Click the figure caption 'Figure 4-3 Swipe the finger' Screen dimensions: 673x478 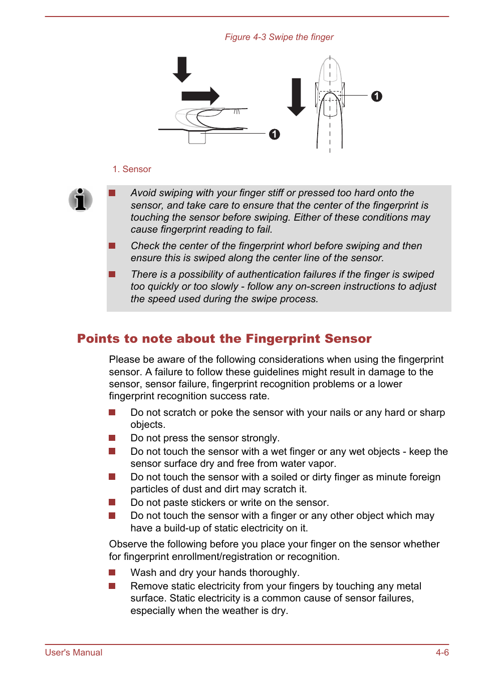tap(279, 37)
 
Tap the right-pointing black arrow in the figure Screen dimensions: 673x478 tap(200, 96)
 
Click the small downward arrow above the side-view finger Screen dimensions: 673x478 tap(182, 70)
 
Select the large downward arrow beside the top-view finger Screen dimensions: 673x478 tap(296, 97)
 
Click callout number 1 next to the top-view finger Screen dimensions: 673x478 tap(377, 96)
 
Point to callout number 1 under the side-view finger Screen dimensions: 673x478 tap(274, 134)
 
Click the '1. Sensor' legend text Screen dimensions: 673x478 tap(132, 169)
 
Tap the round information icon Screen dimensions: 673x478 tap(80, 200)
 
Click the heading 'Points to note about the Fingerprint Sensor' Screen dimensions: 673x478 tap(224, 339)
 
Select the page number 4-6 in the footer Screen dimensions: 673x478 tap(442, 652)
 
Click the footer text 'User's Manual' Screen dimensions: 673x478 tap(74, 652)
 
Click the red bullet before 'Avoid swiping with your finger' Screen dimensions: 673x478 tap(112, 193)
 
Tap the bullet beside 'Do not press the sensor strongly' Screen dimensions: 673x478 tap(112, 438)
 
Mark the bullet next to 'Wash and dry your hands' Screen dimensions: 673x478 tap(112, 572)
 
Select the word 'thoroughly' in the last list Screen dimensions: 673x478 tap(275, 572)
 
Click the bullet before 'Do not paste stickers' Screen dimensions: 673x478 tap(112, 502)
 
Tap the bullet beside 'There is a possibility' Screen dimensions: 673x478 tap(112, 274)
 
